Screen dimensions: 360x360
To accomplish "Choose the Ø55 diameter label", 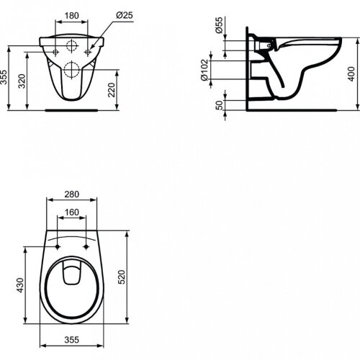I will [x=218, y=31].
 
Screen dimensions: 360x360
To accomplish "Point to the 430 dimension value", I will [x=23, y=286].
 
